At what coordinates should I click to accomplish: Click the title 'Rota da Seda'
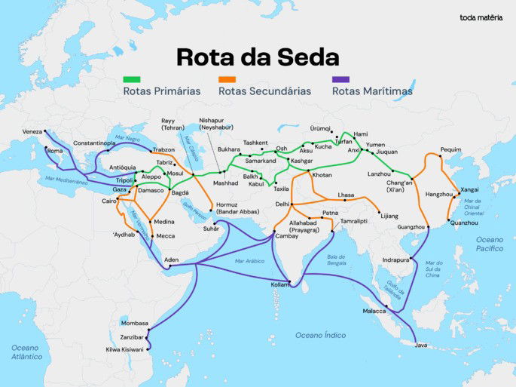click(258, 57)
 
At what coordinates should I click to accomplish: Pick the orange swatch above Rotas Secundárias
click(227, 78)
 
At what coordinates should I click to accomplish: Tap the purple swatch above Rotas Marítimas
click(340, 78)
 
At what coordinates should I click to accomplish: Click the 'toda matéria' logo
click(482, 17)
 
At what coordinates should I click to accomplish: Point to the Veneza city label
click(32, 131)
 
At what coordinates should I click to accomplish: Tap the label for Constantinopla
click(94, 143)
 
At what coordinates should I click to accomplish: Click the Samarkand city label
click(261, 160)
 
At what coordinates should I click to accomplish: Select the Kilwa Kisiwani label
click(124, 349)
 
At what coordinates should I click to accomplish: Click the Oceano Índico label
click(320, 334)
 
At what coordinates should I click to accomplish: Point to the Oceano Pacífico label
click(489, 243)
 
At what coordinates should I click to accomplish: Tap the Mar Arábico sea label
click(250, 261)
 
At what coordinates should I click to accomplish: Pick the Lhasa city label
click(346, 195)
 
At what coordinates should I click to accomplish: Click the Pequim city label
click(450, 149)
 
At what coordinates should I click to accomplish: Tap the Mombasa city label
click(135, 323)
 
